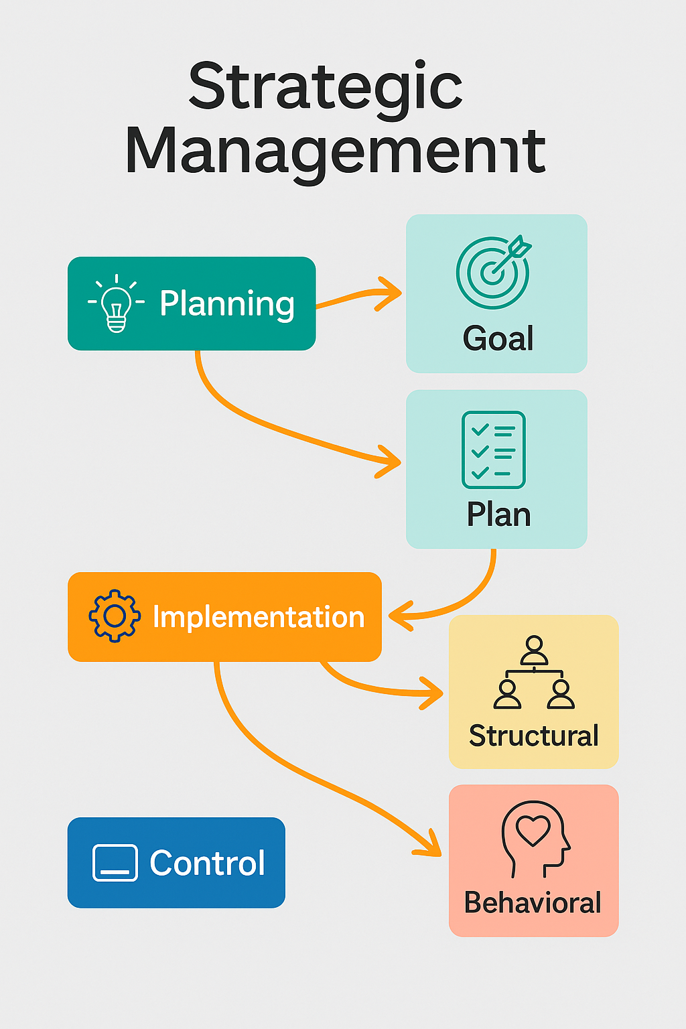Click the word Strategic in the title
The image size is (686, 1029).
tap(326, 87)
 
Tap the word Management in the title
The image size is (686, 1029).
tap(335, 151)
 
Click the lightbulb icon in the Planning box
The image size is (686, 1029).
tap(117, 303)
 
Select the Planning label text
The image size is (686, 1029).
tap(227, 303)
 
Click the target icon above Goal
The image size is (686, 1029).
tap(494, 271)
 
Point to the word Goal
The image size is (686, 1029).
tap(498, 338)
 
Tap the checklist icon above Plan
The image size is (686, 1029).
tap(494, 450)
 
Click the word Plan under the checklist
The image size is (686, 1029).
tap(498, 514)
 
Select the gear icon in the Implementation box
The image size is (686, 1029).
tap(115, 616)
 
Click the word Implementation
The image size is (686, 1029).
tap(259, 617)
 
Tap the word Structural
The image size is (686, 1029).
tap(533, 736)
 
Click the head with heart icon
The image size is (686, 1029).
tap(535, 837)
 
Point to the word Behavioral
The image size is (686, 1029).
tap(533, 902)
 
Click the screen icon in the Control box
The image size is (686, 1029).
tap(115, 862)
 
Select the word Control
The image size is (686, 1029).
tap(207, 863)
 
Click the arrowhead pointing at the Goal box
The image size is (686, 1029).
tap(391, 293)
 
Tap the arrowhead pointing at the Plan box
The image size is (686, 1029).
tap(391, 462)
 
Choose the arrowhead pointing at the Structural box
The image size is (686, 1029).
tap(433, 693)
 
